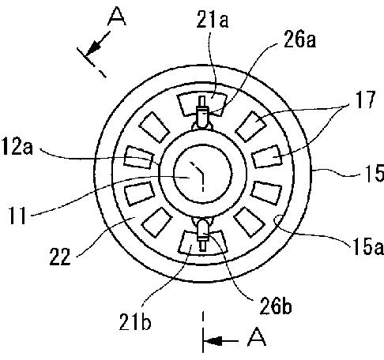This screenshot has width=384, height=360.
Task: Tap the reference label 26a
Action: click(x=299, y=40)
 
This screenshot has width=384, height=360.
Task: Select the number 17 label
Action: click(x=365, y=99)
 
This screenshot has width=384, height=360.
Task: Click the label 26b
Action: click(x=276, y=306)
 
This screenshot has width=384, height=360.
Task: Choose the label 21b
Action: click(x=135, y=321)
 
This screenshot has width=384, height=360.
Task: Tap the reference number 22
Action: click(x=60, y=257)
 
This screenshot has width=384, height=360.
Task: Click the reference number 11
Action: click(x=18, y=216)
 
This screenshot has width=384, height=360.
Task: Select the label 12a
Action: click(x=17, y=147)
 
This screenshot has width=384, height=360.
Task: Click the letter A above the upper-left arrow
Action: click(x=117, y=17)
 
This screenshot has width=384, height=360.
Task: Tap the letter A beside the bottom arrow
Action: click(x=257, y=337)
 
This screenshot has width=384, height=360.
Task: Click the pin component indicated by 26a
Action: click(x=202, y=113)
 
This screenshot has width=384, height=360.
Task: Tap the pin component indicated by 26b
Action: click(x=202, y=234)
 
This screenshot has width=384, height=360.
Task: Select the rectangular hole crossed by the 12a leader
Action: click(x=138, y=158)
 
